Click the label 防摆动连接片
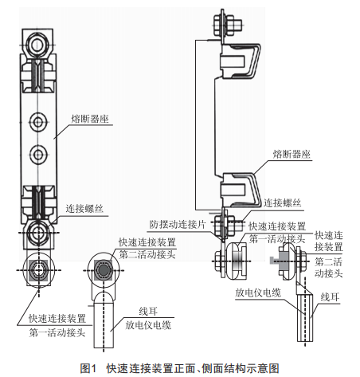[x=178, y=225]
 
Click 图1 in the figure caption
[x=88, y=368]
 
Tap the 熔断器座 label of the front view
[x=90, y=119]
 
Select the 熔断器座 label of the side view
[x=292, y=154]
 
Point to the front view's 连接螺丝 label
[x=84, y=209]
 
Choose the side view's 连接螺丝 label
[x=282, y=203]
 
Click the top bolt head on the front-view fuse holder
[x=37, y=45]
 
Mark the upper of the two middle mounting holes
[x=38, y=122]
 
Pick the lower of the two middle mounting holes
[x=38, y=155]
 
